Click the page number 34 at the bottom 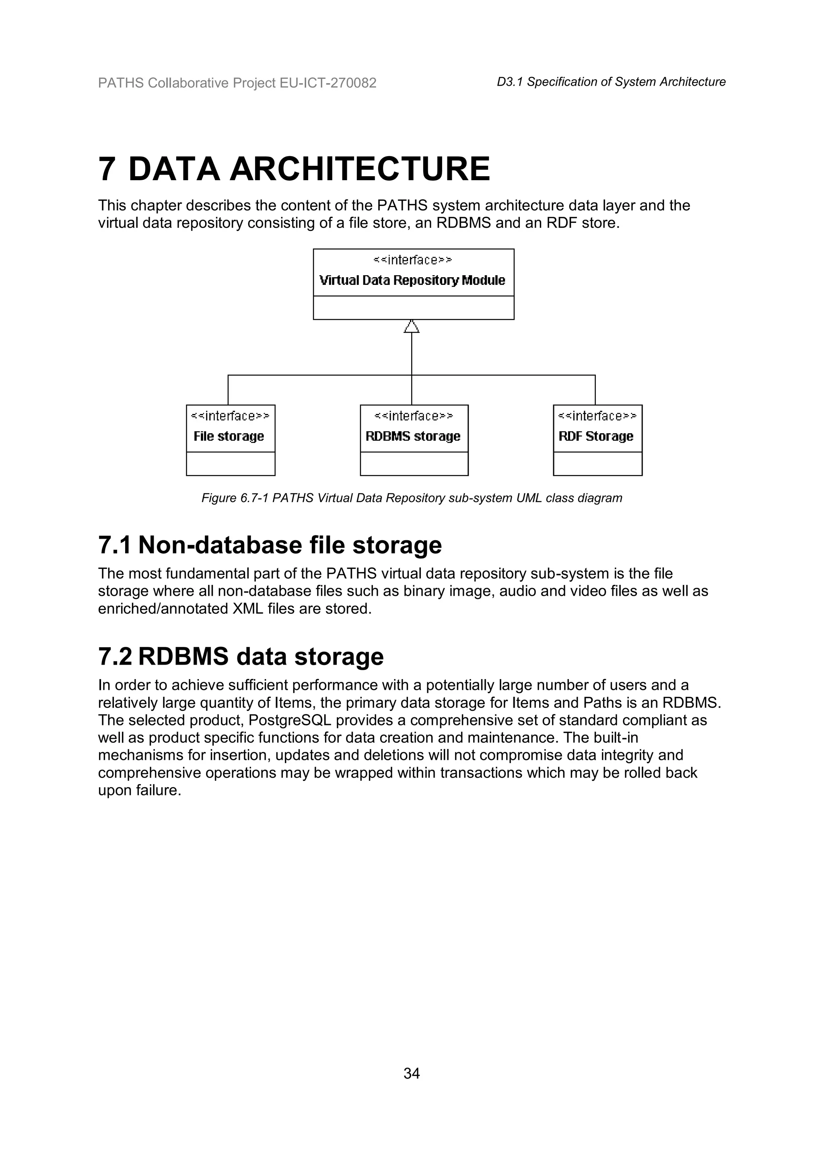point(412,1073)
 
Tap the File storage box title point(229,436)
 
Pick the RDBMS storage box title point(413,436)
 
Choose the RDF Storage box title point(596,436)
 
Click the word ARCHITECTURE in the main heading point(360,169)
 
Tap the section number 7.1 point(114,545)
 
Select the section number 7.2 point(115,657)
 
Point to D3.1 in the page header point(509,82)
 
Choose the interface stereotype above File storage point(231,416)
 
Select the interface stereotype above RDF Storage point(597,416)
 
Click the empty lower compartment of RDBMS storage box point(414,464)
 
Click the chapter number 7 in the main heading point(106,169)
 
